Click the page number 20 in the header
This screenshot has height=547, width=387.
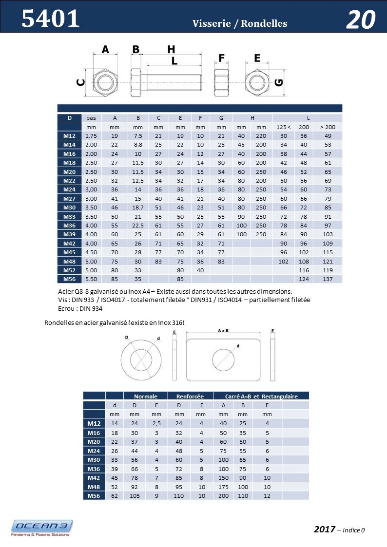point(361,20)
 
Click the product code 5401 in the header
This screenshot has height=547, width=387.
point(50,19)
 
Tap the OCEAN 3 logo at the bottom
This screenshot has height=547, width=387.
point(42,528)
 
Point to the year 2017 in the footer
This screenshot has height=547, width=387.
point(324,529)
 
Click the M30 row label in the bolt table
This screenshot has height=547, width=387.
point(69,207)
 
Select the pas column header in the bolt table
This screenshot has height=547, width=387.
point(91,118)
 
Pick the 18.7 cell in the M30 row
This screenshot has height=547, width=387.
point(138,207)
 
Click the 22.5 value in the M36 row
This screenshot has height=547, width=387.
point(138,225)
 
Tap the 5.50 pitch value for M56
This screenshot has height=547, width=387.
point(91,279)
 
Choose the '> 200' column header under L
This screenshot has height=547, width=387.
point(328,127)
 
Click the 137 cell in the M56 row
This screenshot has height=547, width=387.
point(328,279)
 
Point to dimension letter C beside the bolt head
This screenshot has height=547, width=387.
point(80,83)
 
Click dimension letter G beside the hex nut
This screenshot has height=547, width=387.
point(279,82)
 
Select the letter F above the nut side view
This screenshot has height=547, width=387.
point(222,58)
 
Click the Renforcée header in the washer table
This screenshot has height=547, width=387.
point(190,396)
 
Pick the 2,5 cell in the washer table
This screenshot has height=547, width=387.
point(156,423)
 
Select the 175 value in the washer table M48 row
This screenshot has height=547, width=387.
point(223,487)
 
